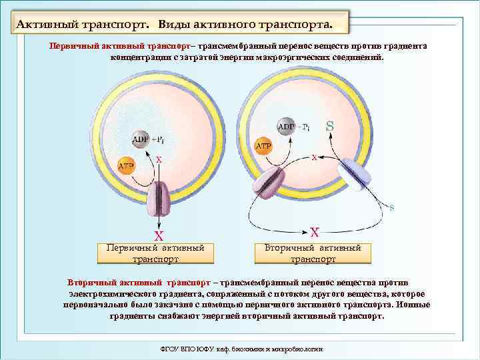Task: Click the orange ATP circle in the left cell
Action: (x=125, y=166)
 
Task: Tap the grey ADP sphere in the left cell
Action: (x=141, y=139)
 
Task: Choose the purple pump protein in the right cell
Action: (x=271, y=183)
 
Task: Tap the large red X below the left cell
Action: (x=159, y=235)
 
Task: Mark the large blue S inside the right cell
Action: (x=329, y=125)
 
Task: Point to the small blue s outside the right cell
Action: (x=392, y=207)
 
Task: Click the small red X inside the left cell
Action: (x=159, y=159)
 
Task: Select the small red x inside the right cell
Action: (x=314, y=157)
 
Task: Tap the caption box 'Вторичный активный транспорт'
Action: (x=313, y=253)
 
